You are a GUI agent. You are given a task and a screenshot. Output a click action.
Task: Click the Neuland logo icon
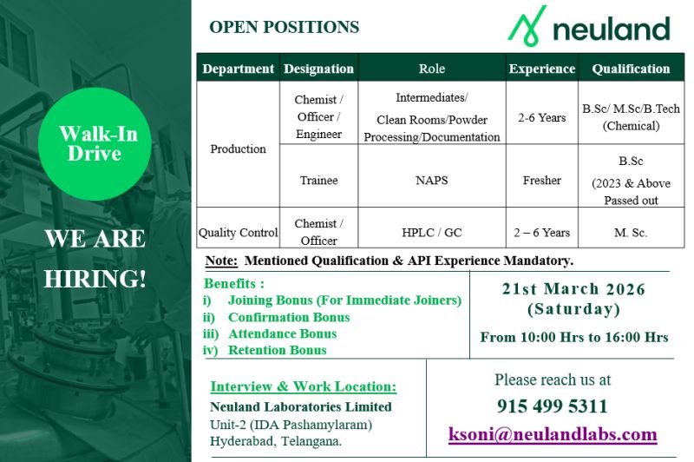(527, 27)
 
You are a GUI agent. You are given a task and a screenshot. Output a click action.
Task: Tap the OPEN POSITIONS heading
(284, 27)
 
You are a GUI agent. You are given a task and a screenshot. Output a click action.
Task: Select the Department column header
(238, 69)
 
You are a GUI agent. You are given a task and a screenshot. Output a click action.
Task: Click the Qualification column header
(631, 69)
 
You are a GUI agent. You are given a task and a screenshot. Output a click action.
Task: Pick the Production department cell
(238, 148)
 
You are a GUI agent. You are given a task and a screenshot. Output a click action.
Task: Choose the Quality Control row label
(238, 232)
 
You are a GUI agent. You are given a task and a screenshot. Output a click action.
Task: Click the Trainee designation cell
(318, 180)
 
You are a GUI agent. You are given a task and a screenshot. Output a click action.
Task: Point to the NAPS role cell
(431, 180)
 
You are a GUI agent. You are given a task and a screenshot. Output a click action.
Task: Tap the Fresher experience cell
(541, 180)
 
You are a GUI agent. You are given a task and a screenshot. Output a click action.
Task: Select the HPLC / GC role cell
(431, 232)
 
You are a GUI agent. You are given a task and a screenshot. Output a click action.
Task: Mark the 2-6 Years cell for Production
(541, 117)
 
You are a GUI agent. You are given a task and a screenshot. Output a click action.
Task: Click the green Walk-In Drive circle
(98, 144)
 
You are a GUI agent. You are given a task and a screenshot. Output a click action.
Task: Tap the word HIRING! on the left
(95, 280)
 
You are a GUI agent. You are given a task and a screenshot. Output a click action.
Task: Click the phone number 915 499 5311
(552, 406)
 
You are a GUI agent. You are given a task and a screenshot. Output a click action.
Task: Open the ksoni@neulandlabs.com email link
(552, 434)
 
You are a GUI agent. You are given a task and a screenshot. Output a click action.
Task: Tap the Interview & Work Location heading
(303, 386)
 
